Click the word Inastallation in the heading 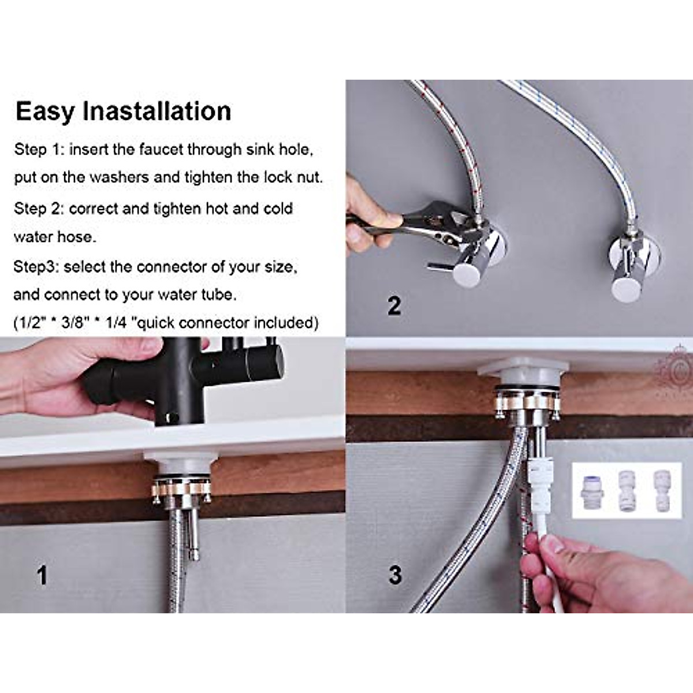[157, 111]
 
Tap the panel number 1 [42, 575]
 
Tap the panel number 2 [394, 305]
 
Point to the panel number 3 [395, 574]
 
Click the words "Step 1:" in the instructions [39, 150]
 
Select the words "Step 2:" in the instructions [38, 208]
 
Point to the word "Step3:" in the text [36, 267]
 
